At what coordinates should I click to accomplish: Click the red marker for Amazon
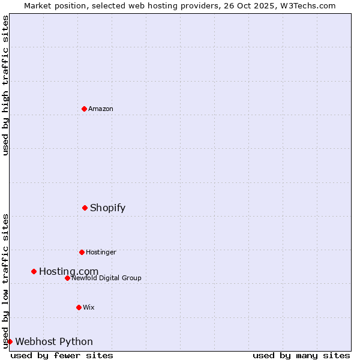click(x=84, y=109)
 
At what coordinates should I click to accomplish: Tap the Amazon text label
click(x=101, y=109)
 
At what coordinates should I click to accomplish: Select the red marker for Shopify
click(x=85, y=208)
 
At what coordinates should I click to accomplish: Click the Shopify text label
click(x=107, y=208)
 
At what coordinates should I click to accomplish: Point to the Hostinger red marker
click(x=82, y=252)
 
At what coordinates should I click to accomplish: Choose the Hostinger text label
click(x=101, y=252)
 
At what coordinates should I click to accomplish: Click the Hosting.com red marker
click(x=34, y=271)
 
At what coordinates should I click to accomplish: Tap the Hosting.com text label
click(x=68, y=272)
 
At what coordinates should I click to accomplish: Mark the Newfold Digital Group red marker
click(x=67, y=278)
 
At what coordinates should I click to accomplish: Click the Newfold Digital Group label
click(x=106, y=278)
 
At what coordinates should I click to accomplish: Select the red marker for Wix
click(x=79, y=307)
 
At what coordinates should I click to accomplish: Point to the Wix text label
click(x=89, y=307)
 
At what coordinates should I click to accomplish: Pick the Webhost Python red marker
click(x=10, y=341)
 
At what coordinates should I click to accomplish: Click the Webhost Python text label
click(x=54, y=342)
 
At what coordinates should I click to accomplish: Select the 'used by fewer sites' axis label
click(x=62, y=355)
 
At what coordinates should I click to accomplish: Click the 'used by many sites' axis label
click(x=301, y=355)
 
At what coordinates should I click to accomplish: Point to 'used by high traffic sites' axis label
click(x=5, y=85)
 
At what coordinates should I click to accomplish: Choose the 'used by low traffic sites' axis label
click(x=5, y=281)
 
